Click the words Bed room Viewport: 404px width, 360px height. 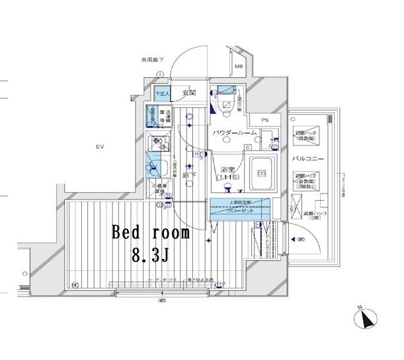pyautogui.click(x=151, y=234)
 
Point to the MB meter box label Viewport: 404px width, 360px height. pyautogui.click(x=239, y=67)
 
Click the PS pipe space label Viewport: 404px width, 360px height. pyautogui.click(x=265, y=120)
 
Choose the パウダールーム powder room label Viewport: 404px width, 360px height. pyautogui.click(x=233, y=133)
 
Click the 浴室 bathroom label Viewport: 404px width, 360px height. pyautogui.click(x=227, y=169)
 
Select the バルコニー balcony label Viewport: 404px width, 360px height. pyautogui.click(x=308, y=159)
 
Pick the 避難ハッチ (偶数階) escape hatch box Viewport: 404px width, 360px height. pyautogui.click(x=310, y=135)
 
